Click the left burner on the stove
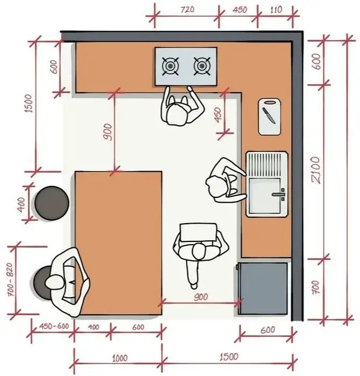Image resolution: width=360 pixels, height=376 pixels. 170,65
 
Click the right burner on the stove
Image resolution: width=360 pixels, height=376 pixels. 201,65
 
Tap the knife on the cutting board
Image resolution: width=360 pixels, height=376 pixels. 269,115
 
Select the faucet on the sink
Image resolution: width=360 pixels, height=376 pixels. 279,194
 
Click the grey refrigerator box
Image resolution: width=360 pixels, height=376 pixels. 262,288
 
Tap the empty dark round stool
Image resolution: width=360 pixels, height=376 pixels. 52,203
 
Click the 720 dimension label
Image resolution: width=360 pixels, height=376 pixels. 187,10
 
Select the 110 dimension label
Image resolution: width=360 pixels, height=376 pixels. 276,10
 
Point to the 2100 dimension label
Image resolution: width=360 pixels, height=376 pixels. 316,170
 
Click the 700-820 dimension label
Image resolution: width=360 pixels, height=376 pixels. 11,279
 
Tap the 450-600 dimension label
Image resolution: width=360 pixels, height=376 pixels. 54,326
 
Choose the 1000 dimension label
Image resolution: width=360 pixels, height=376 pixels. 119,358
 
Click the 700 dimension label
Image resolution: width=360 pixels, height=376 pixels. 316,287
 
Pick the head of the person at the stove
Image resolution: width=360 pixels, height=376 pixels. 177,115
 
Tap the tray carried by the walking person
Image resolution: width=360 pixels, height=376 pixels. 198,232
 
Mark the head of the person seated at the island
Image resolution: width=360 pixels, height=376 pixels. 55,282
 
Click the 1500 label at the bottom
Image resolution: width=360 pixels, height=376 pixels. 229,357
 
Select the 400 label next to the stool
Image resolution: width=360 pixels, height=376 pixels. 21,205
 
